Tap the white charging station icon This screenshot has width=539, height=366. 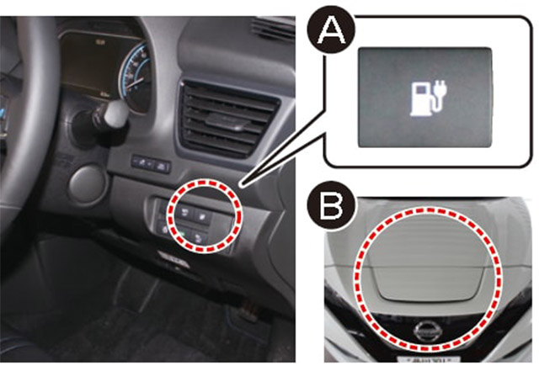pos(428,98)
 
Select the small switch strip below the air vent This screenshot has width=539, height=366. pos(152,164)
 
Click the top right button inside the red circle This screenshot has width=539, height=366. pos(201,216)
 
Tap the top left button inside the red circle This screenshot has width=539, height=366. pos(184,213)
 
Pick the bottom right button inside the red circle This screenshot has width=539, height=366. pos(199,236)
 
